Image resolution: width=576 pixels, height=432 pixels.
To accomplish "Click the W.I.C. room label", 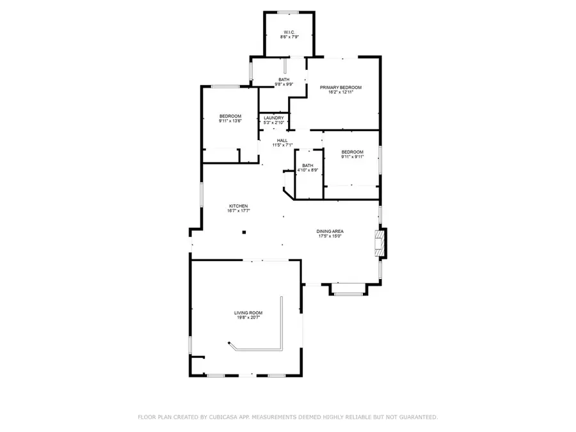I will tap(289, 31).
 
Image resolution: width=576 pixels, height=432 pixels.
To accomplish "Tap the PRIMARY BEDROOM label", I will tap(341, 87).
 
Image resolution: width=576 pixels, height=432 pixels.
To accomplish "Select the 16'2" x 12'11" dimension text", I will tap(341, 92).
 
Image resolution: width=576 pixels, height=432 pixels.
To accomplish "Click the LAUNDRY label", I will tap(273, 118).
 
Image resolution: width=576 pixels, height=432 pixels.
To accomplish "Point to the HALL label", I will tap(282, 140).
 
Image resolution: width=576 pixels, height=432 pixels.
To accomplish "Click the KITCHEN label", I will tap(238, 206).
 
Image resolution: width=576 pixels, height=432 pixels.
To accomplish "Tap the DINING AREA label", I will tap(330, 231).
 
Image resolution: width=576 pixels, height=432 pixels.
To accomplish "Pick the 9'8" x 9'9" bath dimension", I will tap(284, 84).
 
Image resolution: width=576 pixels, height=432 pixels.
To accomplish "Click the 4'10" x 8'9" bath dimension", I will tap(308, 170).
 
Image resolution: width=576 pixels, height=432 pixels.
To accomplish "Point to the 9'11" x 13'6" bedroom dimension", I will tap(230, 121).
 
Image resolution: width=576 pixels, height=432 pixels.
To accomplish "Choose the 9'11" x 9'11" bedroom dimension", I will tap(352, 157).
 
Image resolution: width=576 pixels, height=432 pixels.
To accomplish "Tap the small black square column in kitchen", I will tap(244, 232).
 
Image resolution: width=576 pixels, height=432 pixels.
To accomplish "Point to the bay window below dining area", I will tap(349, 294).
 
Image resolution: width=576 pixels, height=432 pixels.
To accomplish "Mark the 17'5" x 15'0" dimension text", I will tap(330, 236).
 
